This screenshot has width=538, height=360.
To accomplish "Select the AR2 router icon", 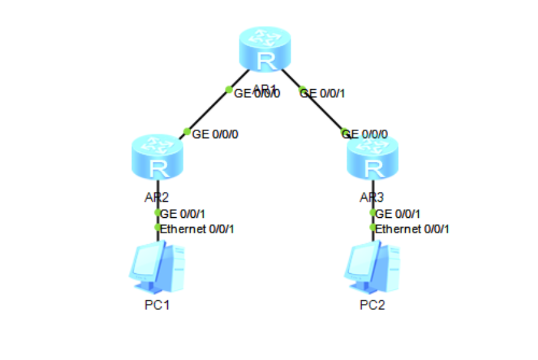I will tap(158, 159).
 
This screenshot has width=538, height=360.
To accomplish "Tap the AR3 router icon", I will tap(373, 159).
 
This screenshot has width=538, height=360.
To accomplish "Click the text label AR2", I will tap(153, 198).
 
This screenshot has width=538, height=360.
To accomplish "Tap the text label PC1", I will tap(157, 306).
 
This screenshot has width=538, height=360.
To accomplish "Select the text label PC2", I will tap(372, 306).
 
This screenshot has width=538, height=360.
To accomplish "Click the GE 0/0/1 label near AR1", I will tap(323, 94).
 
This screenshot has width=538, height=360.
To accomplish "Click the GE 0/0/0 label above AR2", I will tap(215, 134).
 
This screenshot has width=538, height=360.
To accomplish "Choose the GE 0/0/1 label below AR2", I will tap(183, 214).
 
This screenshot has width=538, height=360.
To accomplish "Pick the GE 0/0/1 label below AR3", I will tap(398, 214).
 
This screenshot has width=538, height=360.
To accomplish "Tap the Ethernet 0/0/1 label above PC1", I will tap(197, 229).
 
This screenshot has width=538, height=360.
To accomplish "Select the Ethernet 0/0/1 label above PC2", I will tap(412, 229).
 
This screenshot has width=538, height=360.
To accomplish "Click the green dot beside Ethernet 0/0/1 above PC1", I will tap(157, 228).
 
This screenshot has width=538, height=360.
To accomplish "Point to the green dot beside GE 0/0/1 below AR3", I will tap(373, 213).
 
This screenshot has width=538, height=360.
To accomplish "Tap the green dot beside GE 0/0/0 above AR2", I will tap(187, 132).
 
